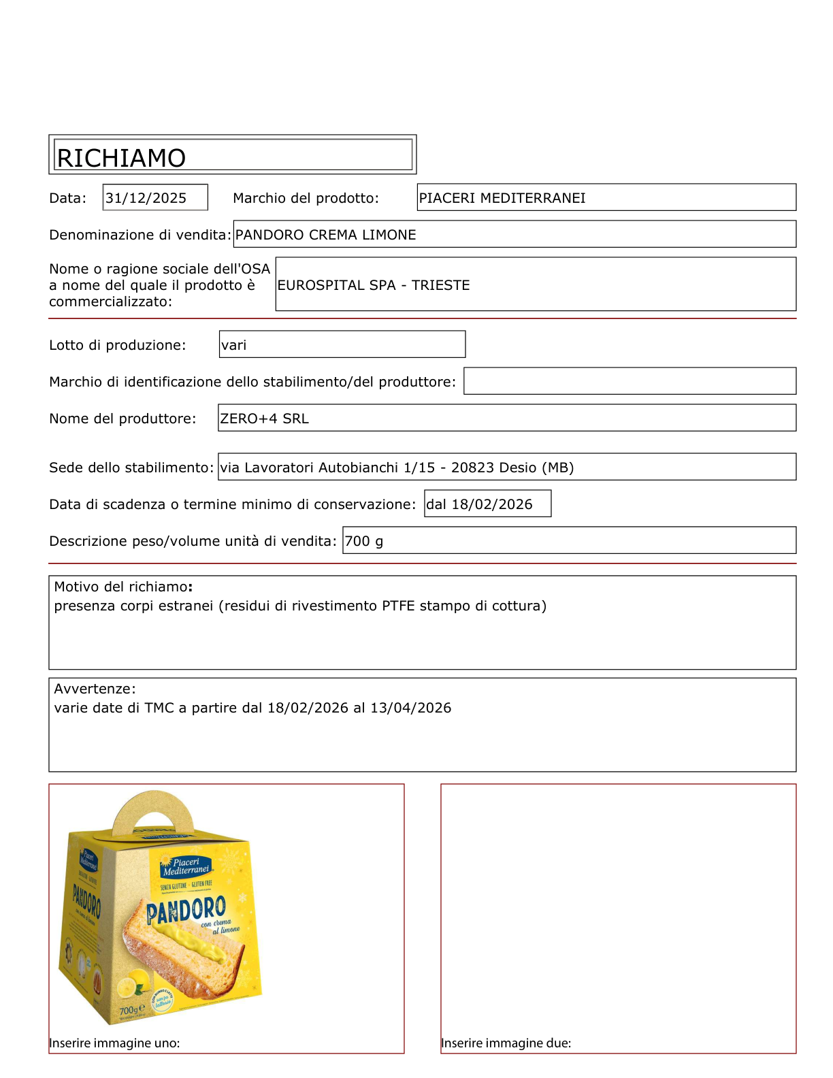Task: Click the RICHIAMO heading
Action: click(121, 158)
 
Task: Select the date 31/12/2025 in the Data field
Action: click(146, 198)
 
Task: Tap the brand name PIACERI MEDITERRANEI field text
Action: click(502, 198)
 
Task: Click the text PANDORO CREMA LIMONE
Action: click(325, 235)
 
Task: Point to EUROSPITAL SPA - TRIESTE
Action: click(373, 285)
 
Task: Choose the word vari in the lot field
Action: click(233, 345)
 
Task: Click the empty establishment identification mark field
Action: click(630, 381)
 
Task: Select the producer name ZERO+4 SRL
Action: click(264, 419)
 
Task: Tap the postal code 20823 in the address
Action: click(472, 468)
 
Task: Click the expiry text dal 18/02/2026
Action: click(479, 504)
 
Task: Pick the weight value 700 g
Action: click(364, 541)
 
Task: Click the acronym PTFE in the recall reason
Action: click(398, 606)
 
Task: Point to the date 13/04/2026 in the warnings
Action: click(410, 708)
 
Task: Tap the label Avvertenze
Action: click(95, 689)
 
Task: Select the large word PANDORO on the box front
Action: click(186, 910)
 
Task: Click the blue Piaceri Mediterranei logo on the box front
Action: click(186, 866)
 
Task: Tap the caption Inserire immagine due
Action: click(506, 1043)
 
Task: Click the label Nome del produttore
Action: click(122, 419)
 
